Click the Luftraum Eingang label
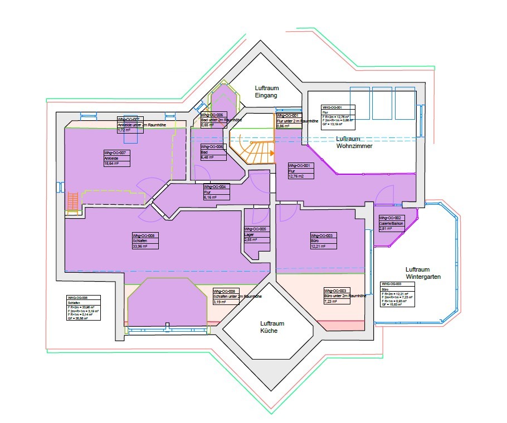pos(267,92)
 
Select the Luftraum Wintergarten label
pos(423,272)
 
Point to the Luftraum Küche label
pos(272,327)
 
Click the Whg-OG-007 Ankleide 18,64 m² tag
pos(116,158)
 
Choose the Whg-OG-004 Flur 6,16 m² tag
pos(217,192)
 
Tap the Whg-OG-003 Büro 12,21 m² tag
pos(324,240)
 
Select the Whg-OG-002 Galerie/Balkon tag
pos(391,223)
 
